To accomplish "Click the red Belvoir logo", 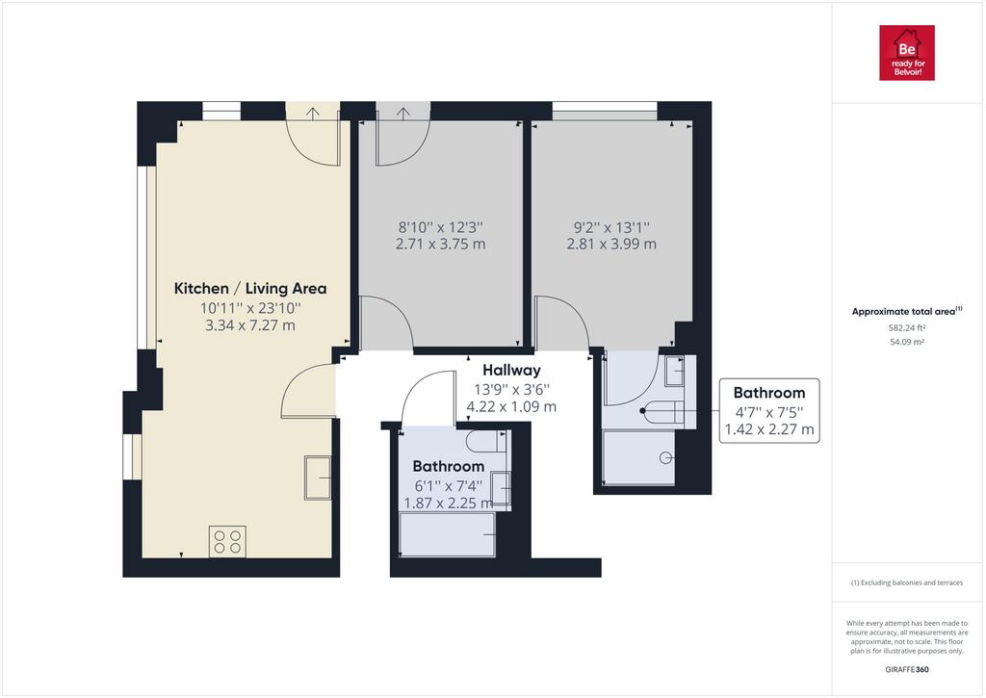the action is coord(907,53).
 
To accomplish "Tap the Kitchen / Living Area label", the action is coord(250,289).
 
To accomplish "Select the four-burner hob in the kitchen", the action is coord(227,541).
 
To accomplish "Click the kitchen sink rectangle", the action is coord(318,478).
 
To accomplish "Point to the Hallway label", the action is coord(511,371).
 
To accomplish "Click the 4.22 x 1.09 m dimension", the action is coord(511,407).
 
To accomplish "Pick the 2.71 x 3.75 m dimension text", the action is coord(441,244).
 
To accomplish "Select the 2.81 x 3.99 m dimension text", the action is coord(611,244).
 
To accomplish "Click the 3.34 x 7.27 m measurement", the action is coord(250,325).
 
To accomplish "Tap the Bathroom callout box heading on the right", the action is coord(769,393).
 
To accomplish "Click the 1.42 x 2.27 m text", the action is coord(769,429).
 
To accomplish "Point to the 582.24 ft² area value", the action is coord(907,327).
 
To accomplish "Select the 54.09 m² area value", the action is coord(907,342).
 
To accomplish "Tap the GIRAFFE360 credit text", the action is coord(907,670).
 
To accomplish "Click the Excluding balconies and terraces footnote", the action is coord(907,582).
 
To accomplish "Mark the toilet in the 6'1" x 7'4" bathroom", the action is coord(486,442).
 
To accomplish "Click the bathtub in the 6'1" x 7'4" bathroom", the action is coord(447,534).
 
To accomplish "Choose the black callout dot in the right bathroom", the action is coord(642,411).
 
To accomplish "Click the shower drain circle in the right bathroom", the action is coord(666,457).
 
